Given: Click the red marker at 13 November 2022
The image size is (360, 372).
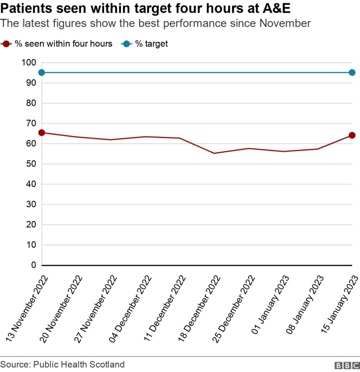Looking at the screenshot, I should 42,133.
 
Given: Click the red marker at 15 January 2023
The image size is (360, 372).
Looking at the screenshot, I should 352,135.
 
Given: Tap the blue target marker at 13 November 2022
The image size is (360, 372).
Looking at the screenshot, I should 42,73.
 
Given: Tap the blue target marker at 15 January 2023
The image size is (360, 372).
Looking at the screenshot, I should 352,73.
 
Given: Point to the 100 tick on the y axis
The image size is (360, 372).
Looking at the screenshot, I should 28,63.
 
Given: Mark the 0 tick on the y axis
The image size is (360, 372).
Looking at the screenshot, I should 34,265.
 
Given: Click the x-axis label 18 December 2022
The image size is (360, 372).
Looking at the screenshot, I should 200,308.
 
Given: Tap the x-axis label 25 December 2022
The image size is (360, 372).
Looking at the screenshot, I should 234,308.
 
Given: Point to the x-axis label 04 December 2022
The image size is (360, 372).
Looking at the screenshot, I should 131,308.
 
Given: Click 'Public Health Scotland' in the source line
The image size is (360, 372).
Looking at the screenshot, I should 79,365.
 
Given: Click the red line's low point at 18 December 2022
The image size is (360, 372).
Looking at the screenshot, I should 214,153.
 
